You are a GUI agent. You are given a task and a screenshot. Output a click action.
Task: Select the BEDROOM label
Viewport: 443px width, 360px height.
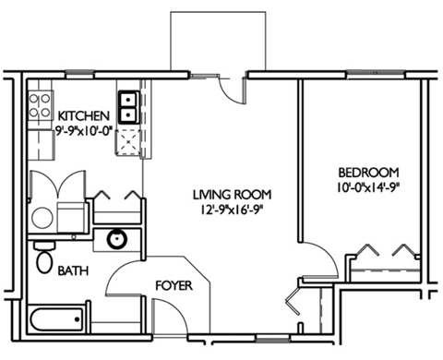click(366, 173)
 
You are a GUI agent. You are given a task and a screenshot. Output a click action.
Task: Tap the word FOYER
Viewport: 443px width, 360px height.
click(173, 286)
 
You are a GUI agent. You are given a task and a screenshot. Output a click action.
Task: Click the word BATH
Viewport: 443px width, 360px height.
click(74, 271)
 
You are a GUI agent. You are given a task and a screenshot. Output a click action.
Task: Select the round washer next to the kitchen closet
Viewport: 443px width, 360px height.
click(42, 218)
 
